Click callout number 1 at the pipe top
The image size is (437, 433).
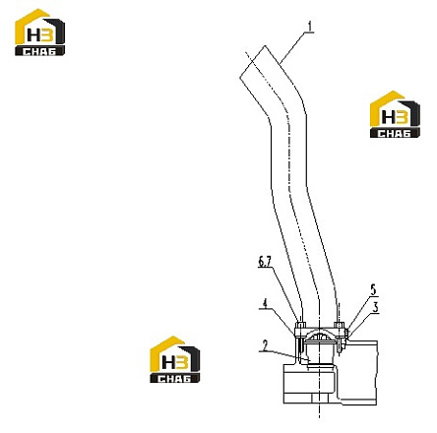point(310,27)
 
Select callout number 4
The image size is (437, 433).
point(265,303)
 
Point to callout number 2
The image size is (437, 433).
point(265,345)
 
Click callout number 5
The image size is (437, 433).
point(374,289)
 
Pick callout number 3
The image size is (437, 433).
point(376,307)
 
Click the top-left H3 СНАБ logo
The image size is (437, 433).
point(39,32)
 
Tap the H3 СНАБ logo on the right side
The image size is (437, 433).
point(395,114)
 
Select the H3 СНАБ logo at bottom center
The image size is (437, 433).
point(174,359)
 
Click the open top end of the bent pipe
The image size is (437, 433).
point(252,61)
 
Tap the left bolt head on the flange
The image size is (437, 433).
point(300,326)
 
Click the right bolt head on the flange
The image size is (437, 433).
point(339,326)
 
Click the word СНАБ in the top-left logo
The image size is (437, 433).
point(39,51)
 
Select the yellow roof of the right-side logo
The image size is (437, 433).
point(387,106)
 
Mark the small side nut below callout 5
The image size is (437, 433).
point(345,334)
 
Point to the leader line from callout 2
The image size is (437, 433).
point(284,356)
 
